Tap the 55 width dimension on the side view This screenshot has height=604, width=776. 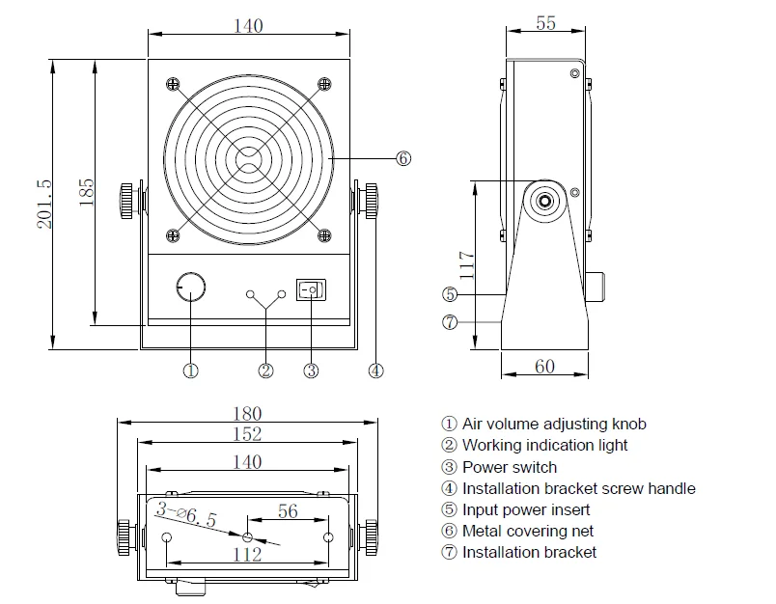545,23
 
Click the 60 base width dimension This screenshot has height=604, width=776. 544,366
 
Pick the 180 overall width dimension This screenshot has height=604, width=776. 247,414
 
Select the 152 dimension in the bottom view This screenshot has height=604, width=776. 247,435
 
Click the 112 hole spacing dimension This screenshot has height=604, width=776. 247,554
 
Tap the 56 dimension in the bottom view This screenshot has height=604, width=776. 288,511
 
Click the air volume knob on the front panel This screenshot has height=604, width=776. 191,287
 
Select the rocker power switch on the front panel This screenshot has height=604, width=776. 312,288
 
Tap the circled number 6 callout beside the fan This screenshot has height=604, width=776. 403,157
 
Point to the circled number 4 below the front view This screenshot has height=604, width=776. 376,370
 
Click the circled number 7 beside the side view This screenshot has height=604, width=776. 450,322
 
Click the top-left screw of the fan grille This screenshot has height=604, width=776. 174,84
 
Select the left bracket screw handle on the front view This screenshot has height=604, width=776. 126,200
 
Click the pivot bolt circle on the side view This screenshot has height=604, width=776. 546,201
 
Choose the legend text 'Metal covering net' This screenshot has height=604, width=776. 527,531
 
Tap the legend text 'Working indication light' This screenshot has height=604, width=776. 544,445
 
